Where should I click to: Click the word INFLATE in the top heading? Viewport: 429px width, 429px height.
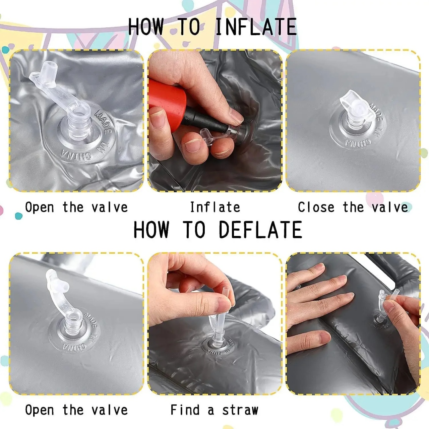pyautogui.click(x=256, y=27)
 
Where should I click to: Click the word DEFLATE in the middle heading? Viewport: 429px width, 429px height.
pyautogui.click(x=260, y=230)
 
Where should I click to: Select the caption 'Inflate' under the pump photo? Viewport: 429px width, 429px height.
pyautogui.click(x=215, y=207)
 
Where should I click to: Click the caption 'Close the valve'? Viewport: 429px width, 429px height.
pyautogui.click(x=353, y=207)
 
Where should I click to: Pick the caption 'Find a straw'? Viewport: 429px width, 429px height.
pyautogui.click(x=214, y=410)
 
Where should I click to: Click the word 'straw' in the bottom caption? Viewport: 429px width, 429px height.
pyautogui.click(x=240, y=410)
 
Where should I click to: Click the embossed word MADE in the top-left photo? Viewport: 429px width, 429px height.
pyautogui.click(x=103, y=122)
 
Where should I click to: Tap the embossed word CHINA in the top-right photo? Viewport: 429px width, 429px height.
pyautogui.click(x=358, y=142)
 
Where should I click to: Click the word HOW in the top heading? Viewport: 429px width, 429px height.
pyautogui.click(x=146, y=27)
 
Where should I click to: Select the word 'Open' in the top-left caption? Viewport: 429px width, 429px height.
pyautogui.click(x=40, y=207)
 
